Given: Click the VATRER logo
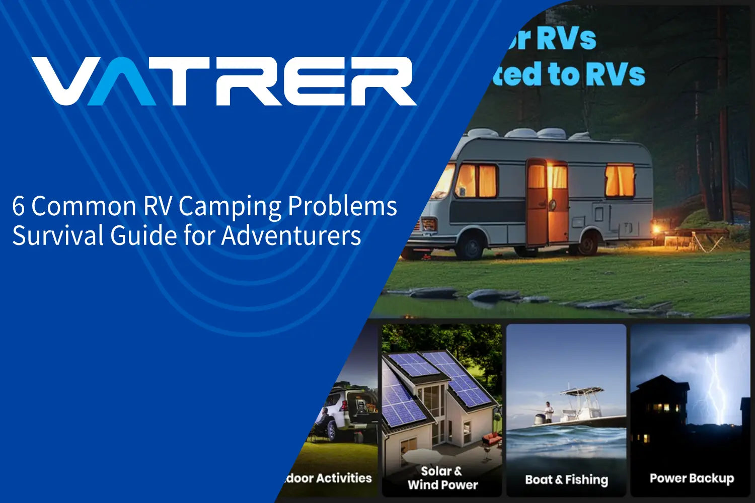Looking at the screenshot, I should click(224, 80).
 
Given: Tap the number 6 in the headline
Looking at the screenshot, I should click(18, 206).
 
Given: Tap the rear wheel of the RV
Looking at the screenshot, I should click(587, 243).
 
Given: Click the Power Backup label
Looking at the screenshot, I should click(692, 478).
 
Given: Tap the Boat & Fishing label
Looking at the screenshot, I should click(566, 480).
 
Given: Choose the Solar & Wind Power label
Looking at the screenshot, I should click(442, 478).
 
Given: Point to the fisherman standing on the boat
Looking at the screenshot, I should click(549, 411).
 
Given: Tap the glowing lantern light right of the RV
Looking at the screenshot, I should click(656, 229).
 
